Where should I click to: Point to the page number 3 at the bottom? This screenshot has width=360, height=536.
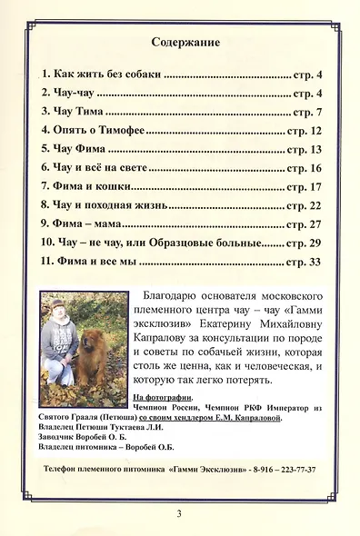[x=180, y=514]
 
